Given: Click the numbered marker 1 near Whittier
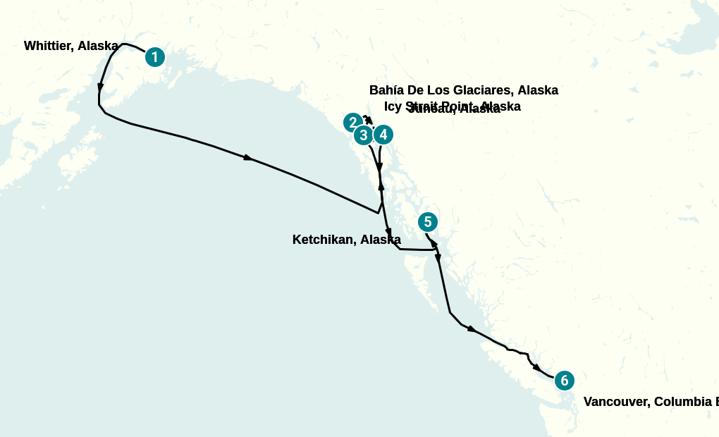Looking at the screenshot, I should coord(155,57).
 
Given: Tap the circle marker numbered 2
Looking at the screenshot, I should coord(353,123).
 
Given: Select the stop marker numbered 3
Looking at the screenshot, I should coord(364,135).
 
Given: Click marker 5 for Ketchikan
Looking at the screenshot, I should coord(428,222).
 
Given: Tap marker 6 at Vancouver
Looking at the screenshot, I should coord(565,381).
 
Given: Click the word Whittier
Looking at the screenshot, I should coord(49,46).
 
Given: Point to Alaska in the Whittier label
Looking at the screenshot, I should coord(98,46).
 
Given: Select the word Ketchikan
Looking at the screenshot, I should coord(324,240).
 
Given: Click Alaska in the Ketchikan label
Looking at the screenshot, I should coord(381,240).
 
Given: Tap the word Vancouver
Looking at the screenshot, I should coord(616,402).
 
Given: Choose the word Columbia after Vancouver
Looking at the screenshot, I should coord(683,402).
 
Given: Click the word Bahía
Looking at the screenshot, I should coord(387,90).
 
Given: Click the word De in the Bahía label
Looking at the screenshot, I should coord(418,90).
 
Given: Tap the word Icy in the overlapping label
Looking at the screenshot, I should coord(393,106).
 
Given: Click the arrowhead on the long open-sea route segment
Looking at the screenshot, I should coord(248,158).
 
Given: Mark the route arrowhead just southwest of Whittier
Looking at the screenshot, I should coord(101,88).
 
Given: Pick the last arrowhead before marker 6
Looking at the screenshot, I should coord(537,368).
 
